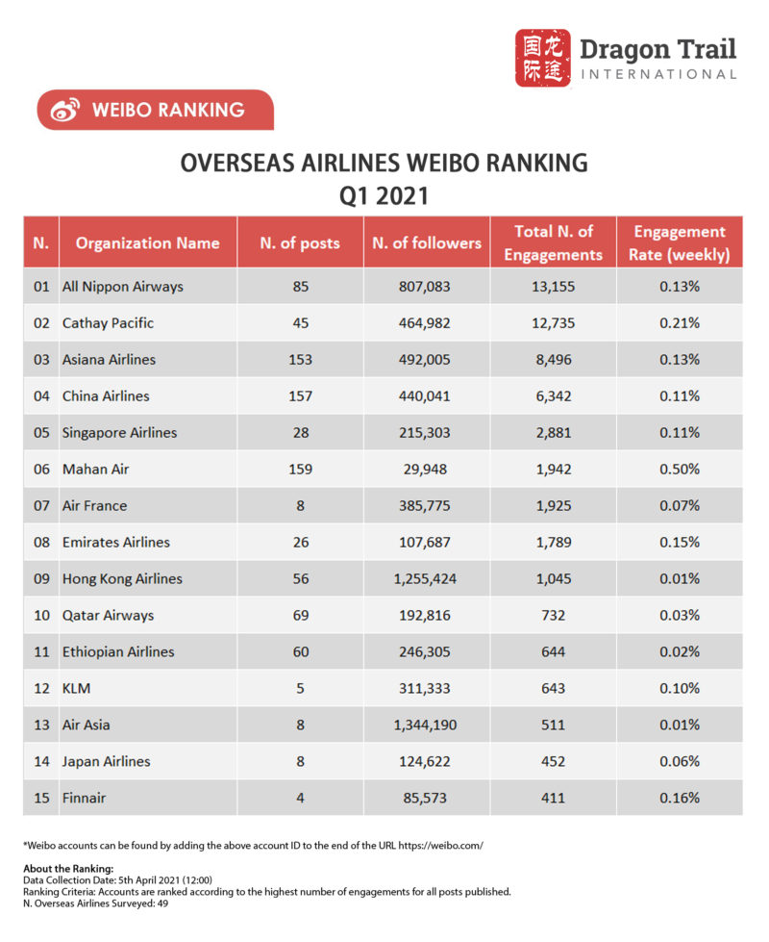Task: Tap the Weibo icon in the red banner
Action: pos(64,111)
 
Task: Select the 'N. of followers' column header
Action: pos(427,242)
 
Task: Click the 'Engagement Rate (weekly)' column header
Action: pos(680,242)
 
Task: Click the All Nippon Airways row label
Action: pos(122,286)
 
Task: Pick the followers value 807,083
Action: pos(427,286)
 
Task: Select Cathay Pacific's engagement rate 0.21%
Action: pos(680,322)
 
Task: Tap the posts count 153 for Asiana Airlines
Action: pos(300,359)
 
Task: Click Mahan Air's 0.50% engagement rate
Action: pos(680,469)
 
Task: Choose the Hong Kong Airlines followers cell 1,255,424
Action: pos(427,578)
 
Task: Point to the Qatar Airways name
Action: pos(108,615)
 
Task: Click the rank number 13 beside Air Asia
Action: pos(40,725)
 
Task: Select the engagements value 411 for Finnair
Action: pos(553,798)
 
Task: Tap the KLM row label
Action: pos(76,688)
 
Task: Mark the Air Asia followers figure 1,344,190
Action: pos(427,725)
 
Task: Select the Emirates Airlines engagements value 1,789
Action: pos(553,542)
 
